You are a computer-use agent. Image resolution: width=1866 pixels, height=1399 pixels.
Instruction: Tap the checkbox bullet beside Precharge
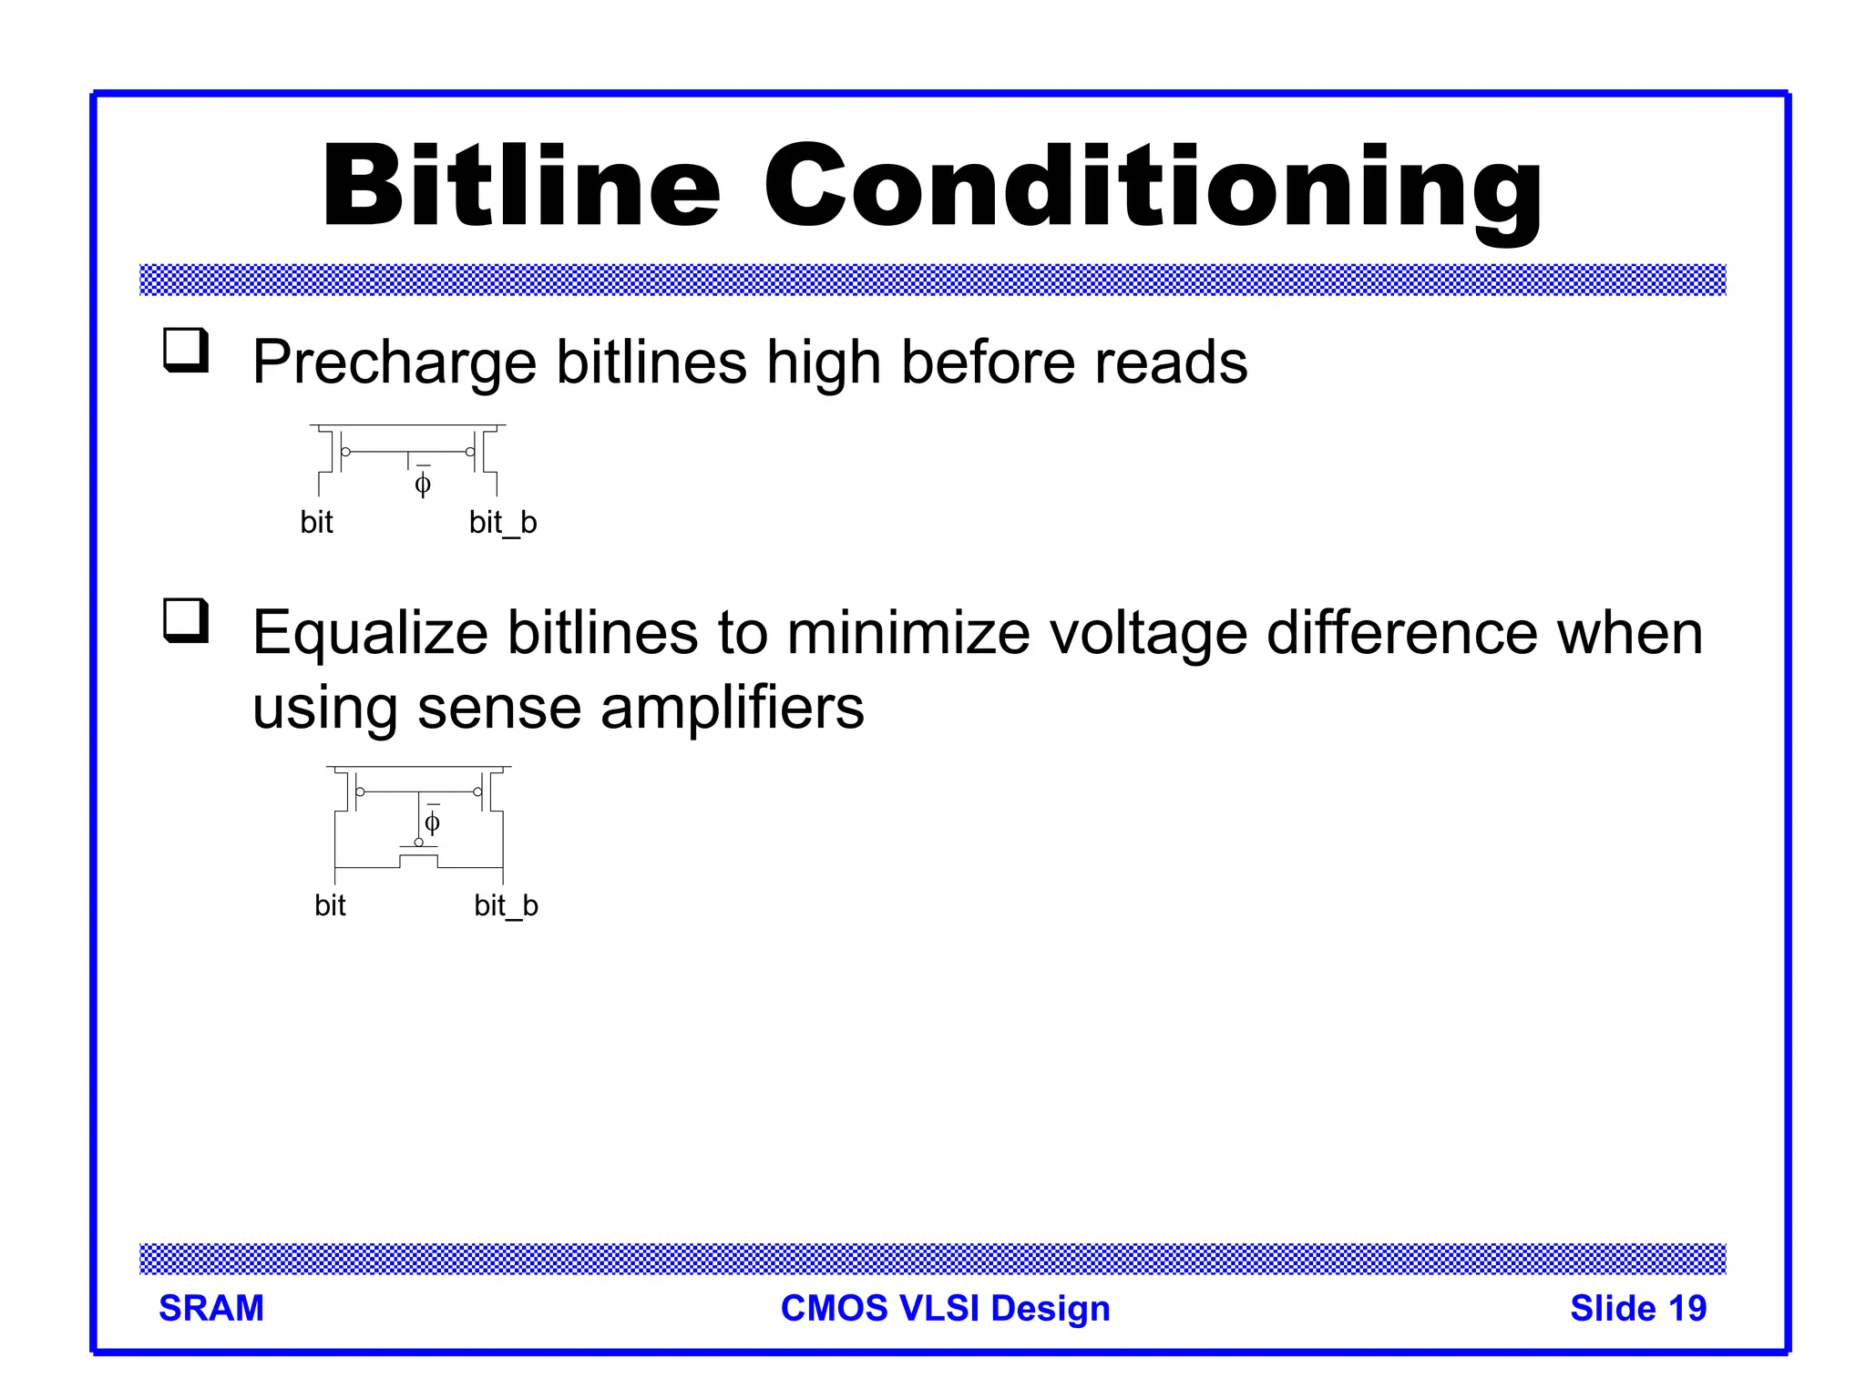pyautogui.click(x=186, y=351)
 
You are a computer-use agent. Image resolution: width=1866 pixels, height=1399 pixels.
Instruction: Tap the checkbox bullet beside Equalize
pyautogui.click(x=186, y=621)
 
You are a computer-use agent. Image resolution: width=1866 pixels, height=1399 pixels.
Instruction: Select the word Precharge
pyautogui.click(x=394, y=363)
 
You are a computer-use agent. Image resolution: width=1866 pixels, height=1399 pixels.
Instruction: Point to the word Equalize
pyautogui.click(x=370, y=633)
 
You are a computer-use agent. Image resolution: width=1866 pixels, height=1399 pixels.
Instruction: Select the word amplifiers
pyautogui.click(x=732, y=708)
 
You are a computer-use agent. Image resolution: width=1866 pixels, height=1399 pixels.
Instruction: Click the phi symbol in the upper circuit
pyautogui.click(x=423, y=484)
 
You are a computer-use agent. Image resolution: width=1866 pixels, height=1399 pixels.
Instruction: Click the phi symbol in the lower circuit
pyautogui.click(x=433, y=823)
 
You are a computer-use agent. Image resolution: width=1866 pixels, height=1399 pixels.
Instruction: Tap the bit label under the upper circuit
pyautogui.click(x=316, y=523)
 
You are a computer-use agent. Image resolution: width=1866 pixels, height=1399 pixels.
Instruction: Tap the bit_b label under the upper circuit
pyautogui.click(x=503, y=523)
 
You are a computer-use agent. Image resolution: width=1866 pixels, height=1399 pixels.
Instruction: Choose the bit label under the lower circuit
pyautogui.click(x=330, y=906)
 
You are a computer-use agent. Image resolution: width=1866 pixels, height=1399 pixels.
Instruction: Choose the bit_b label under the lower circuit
pyautogui.click(x=506, y=906)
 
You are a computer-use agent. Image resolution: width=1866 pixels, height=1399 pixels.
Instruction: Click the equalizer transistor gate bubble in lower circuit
pyautogui.click(x=419, y=842)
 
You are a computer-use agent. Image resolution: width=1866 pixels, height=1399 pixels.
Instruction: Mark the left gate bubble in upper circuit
pyautogui.click(x=345, y=452)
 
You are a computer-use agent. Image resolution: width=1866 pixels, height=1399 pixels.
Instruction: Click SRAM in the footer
pyautogui.click(x=211, y=1308)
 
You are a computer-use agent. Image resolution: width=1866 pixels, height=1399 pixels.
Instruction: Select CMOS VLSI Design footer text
pyautogui.click(x=946, y=1308)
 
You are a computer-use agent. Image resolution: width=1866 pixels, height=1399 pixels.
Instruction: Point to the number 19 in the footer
pyautogui.click(x=1687, y=1308)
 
